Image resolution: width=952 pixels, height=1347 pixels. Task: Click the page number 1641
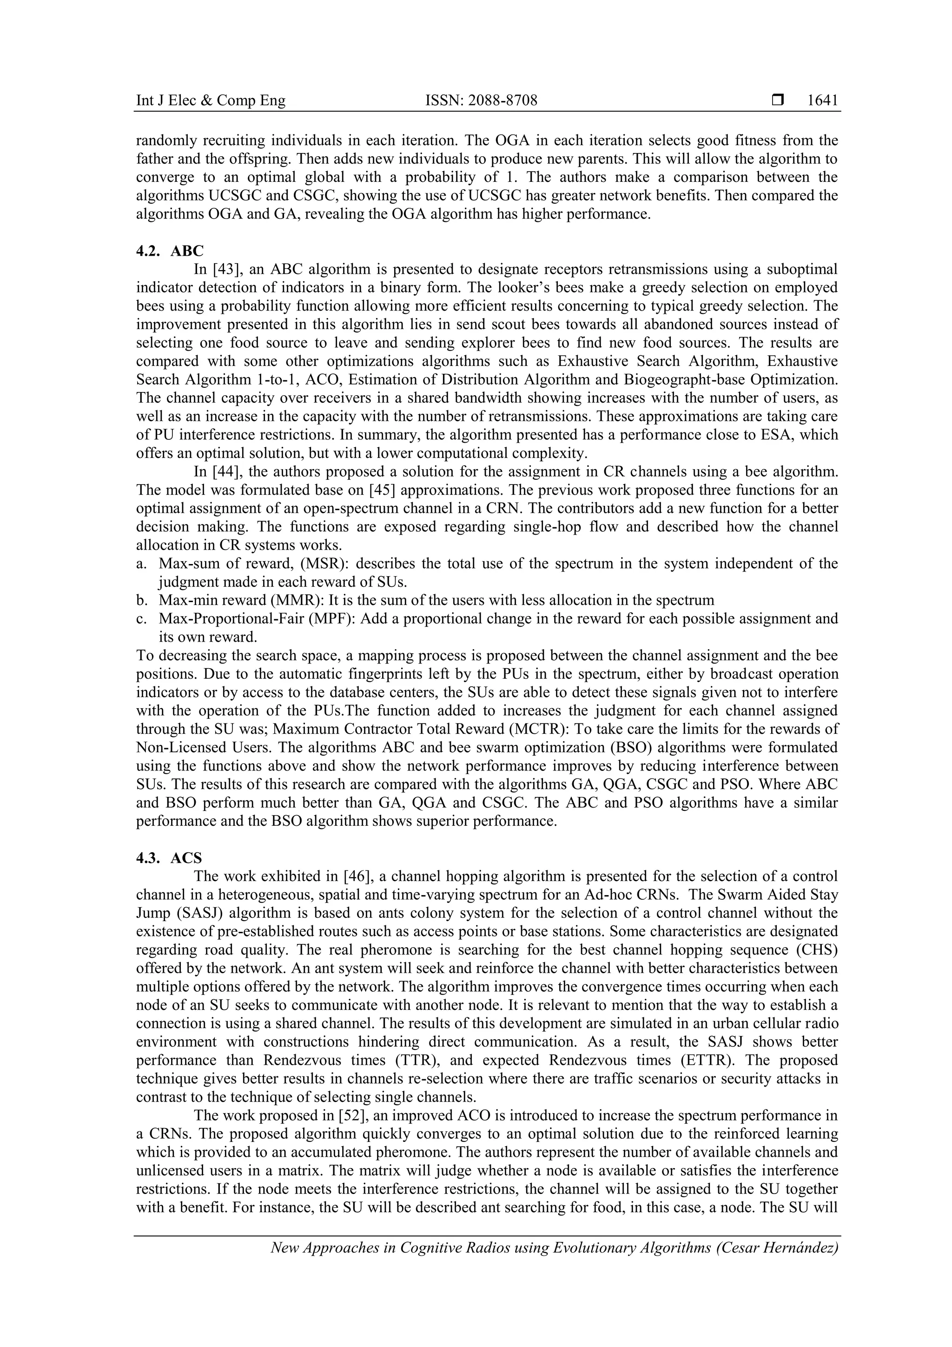(822, 101)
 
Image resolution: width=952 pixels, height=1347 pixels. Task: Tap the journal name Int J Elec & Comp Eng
(211, 101)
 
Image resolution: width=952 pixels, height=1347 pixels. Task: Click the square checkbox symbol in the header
(777, 101)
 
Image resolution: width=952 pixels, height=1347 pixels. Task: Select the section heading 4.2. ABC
(170, 251)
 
